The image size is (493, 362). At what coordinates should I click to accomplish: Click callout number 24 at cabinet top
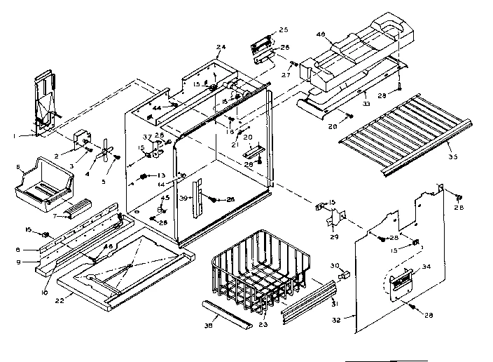(221, 47)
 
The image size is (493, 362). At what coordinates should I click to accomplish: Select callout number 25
(284, 29)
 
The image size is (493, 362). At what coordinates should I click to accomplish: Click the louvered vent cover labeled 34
(401, 283)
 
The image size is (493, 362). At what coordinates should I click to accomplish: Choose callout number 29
(333, 238)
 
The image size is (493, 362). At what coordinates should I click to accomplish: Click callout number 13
(160, 176)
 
